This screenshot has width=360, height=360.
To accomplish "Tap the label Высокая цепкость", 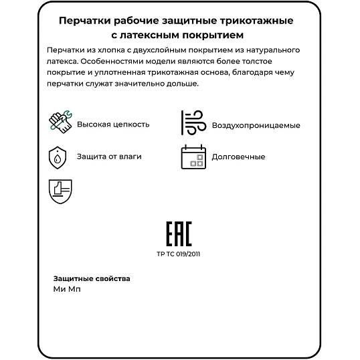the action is click(x=113, y=124).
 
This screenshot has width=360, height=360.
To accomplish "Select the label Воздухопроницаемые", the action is click(x=256, y=125).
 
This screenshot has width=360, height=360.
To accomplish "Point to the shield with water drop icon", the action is click(x=58, y=157).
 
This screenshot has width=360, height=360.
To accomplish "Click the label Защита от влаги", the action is click(x=109, y=157).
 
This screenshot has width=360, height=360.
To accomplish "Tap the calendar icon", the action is click(x=192, y=157).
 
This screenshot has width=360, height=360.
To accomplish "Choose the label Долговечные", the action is click(x=238, y=157).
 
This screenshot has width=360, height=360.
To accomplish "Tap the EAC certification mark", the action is click(x=179, y=235).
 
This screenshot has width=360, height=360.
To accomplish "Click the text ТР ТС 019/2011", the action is click(x=179, y=254).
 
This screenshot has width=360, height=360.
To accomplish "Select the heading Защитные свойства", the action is click(x=92, y=278).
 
